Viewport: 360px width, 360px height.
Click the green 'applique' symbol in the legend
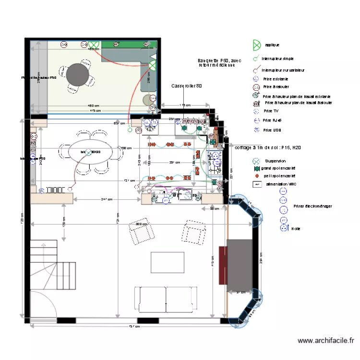(257, 45)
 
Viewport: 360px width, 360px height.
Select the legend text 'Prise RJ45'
(273, 120)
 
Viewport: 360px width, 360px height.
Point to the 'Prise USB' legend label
(272, 130)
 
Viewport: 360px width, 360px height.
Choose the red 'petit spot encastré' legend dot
(257, 176)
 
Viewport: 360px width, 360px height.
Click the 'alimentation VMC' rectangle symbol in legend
(257, 184)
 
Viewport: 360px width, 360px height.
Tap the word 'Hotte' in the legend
(296, 229)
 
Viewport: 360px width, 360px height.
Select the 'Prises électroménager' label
(312, 206)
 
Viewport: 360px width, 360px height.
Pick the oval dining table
(92, 153)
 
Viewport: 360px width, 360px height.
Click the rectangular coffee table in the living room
(168, 262)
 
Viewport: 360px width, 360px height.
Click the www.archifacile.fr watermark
(325, 340)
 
